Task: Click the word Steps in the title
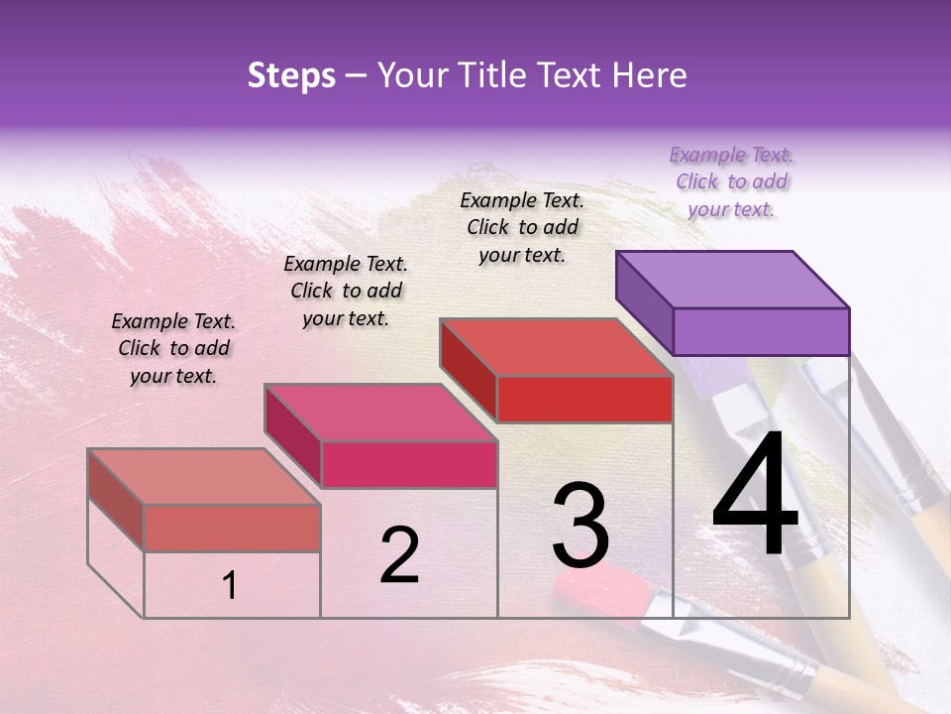click(x=291, y=75)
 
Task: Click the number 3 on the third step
click(x=581, y=526)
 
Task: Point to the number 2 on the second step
click(x=399, y=555)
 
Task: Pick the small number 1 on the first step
click(x=230, y=586)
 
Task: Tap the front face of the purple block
click(x=761, y=331)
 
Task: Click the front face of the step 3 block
click(x=584, y=399)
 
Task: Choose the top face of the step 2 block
click(x=380, y=413)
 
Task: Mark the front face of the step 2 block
click(x=408, y=464)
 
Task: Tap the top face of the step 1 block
click(x=204, y=476)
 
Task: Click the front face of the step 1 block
click(x=232, y=528)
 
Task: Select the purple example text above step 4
click(x=731, y=181)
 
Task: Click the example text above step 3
click(x=522, y=227)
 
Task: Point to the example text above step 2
click(x=346, y=291)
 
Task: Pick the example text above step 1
click(x=173, y=348)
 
